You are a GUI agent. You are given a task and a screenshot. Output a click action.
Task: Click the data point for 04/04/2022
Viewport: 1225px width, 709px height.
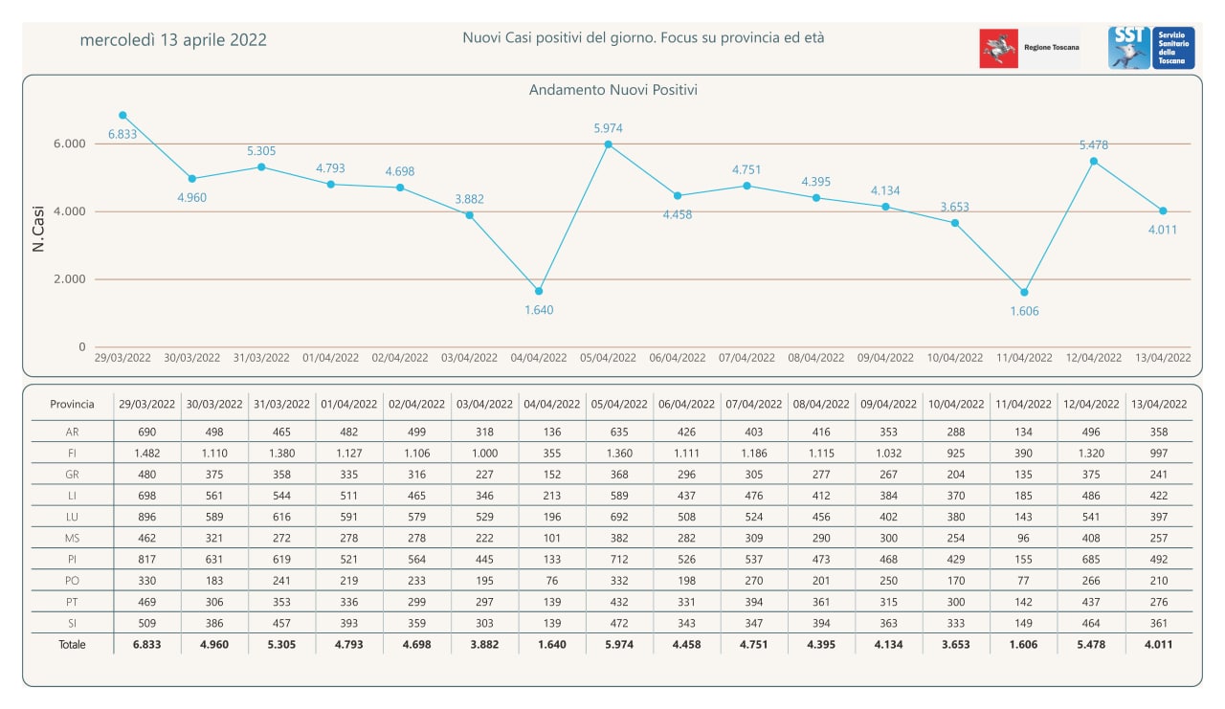click(539, 292)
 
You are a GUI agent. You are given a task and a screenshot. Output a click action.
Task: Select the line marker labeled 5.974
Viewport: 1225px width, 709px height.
click(608, 144)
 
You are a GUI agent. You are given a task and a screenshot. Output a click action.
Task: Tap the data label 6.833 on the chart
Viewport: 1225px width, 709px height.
click(122, 135)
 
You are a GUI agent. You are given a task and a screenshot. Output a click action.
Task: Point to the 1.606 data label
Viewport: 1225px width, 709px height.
click(1024, 312)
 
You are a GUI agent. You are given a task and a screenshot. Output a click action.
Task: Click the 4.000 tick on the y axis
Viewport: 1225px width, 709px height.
click(70, 211)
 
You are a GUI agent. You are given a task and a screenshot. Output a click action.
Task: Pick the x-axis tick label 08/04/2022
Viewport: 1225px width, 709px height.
click(816, 358)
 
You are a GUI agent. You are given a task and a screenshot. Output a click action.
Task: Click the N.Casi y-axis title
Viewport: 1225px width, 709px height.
click(37, 229)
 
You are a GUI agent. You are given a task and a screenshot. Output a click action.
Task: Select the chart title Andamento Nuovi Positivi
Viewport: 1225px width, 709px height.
click(613, 90)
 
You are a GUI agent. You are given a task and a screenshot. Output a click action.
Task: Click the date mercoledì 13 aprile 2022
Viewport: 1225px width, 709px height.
click(173, 40)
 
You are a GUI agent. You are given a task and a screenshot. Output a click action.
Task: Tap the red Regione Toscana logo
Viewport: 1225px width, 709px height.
click(998, 49)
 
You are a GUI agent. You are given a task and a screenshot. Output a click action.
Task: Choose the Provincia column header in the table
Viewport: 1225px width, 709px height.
click(72, 405)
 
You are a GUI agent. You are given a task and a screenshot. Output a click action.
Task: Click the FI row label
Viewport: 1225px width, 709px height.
click(72, 454)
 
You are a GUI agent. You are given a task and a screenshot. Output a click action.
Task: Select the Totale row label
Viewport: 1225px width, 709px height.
click(72, 645)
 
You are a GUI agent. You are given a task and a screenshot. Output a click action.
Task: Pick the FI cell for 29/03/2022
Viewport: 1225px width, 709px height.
click(147, 454)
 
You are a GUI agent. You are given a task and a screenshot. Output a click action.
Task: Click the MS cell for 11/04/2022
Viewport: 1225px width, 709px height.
click(1023, 538)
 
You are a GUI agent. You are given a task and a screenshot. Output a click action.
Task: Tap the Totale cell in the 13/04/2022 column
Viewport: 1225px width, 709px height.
click(1158, 645)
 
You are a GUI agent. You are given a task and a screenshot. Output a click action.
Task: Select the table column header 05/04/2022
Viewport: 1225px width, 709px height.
click(619, 405)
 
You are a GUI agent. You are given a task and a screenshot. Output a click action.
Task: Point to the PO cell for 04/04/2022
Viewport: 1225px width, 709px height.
click(552, 581)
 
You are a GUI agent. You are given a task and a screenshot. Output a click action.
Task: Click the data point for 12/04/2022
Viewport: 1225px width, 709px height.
click(1094, 162)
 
